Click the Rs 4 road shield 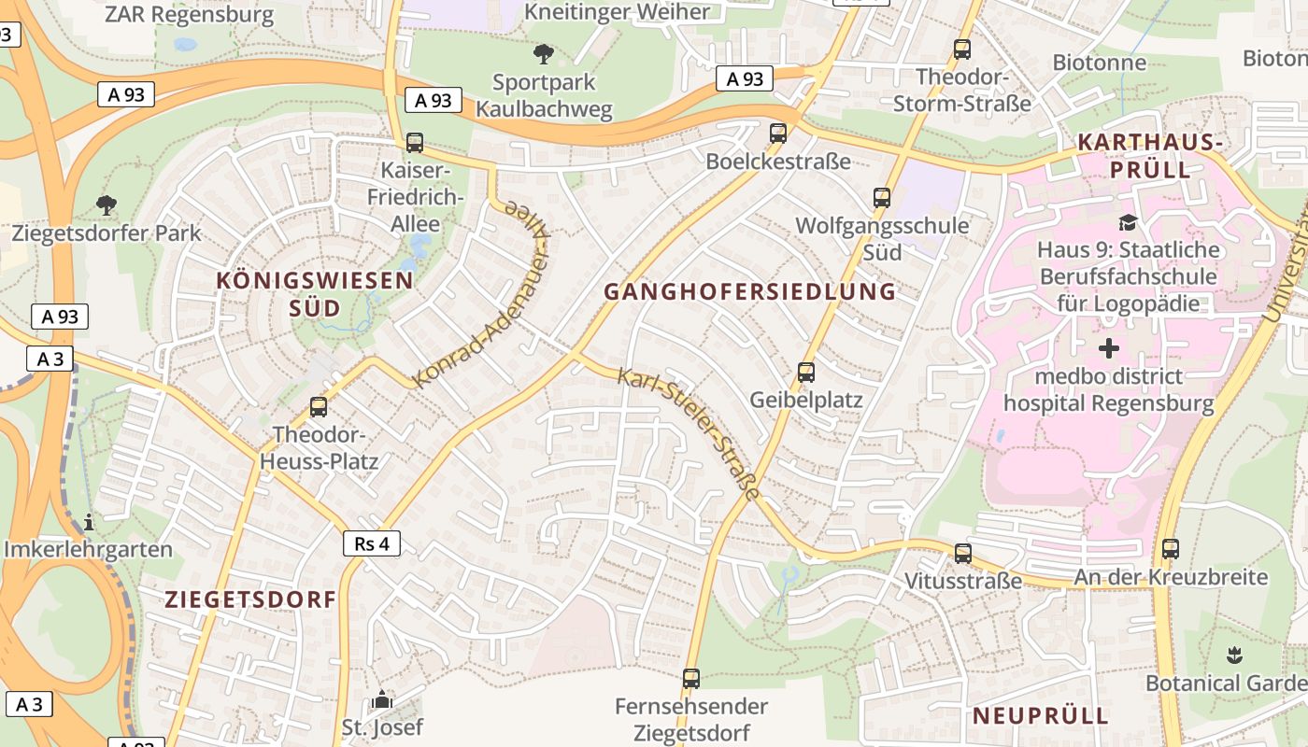[x=372, y=543]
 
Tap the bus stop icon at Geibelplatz [x=806, y=373]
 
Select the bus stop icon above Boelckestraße [x=778, y=134]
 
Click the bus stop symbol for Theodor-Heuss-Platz [x=319, y=407]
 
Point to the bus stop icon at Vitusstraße [x=963, y=554]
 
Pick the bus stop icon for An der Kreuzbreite [x=1171, y=549]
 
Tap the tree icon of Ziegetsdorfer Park [x=107, y=204]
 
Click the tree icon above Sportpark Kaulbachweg [x=544, y=54]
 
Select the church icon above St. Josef [x=382, y=699]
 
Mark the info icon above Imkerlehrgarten [x=89, y=521]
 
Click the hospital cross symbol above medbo [x=1109, y=349]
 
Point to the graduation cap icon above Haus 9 [x=1129, y=222]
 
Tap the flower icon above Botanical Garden [x=1234, y=655]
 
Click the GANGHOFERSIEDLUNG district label [x=749, y=291]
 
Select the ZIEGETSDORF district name [x=250, y=599]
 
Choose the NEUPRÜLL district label [x=1041, y=716]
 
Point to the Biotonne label [x=1099, y=63]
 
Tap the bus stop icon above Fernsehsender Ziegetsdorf [x=691, y=679]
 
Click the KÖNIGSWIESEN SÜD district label [x=315, y=293]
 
